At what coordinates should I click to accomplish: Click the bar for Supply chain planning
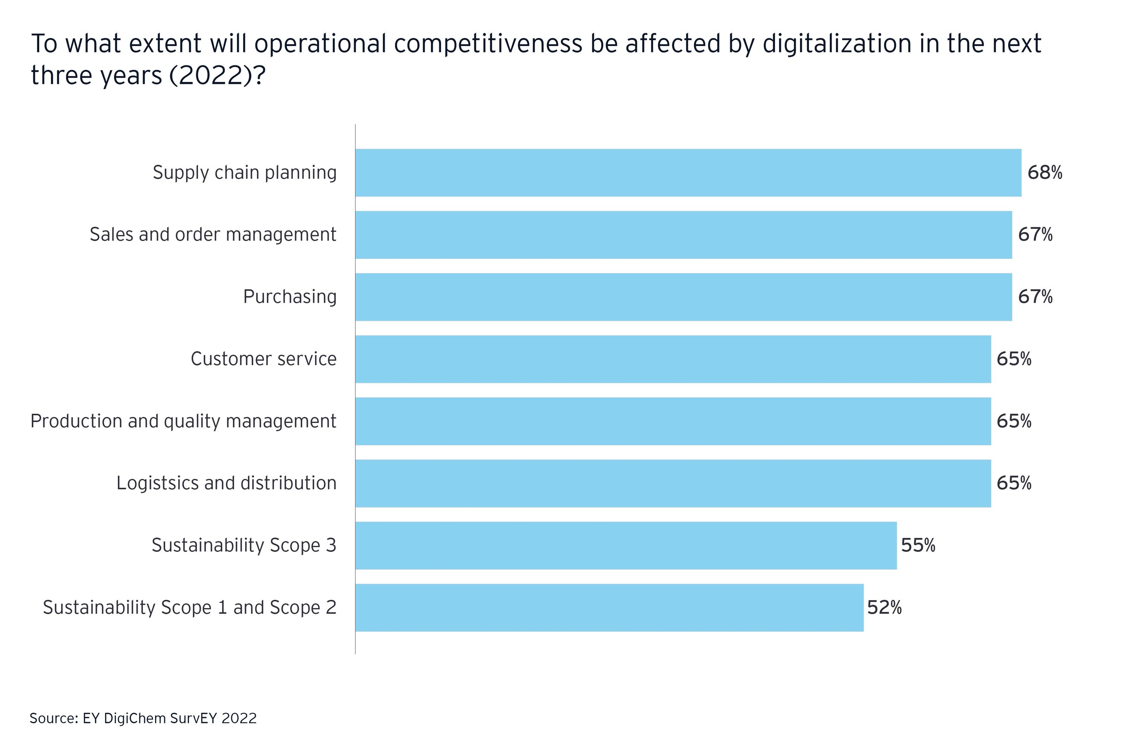[688, 173]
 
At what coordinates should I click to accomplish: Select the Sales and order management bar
[683, 234]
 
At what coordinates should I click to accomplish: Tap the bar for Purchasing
[683, 297]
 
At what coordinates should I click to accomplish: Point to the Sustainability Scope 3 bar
[626, 545]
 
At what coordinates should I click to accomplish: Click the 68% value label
[1044, 173]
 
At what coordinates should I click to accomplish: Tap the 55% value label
[918, 545]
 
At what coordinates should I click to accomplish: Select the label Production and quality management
[183, 421]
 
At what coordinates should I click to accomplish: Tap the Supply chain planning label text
[245, 173]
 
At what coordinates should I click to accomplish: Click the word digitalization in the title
[837, 44]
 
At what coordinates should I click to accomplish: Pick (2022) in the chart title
[211, 75]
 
